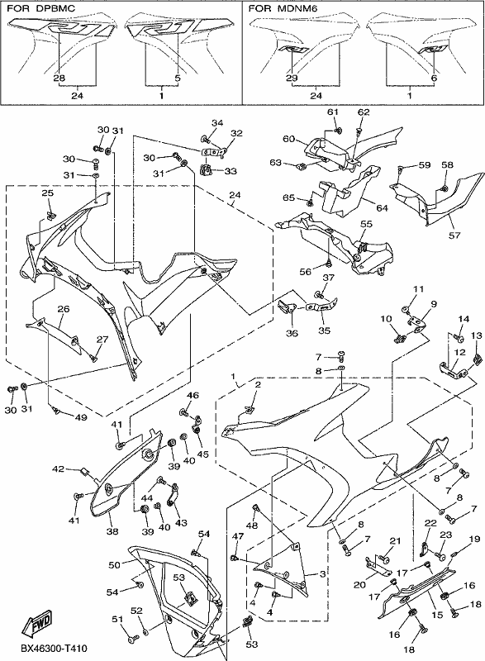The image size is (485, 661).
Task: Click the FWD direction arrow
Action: [37, 624]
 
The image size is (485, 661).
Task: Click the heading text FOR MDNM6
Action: [283, 8]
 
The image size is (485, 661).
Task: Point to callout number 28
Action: [59, 78]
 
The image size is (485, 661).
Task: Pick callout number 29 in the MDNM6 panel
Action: [292, 78]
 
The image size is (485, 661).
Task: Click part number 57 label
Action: [454, 235]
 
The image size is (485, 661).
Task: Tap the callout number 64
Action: [382, 208]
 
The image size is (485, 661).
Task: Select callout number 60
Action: [288, 138]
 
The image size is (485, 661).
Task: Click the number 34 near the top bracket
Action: [217, 122]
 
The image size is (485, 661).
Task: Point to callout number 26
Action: [63, 309]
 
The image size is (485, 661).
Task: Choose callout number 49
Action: [81, 417]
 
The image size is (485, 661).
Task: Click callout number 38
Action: [112, 531]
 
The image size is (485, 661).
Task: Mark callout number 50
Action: [115, 564]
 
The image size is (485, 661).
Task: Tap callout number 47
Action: [238, 535]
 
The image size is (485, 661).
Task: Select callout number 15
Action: [437, 615]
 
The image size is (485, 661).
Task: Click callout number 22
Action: [430, 523]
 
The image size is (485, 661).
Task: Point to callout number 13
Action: [477, 335]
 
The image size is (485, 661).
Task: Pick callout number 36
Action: [292, 333]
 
